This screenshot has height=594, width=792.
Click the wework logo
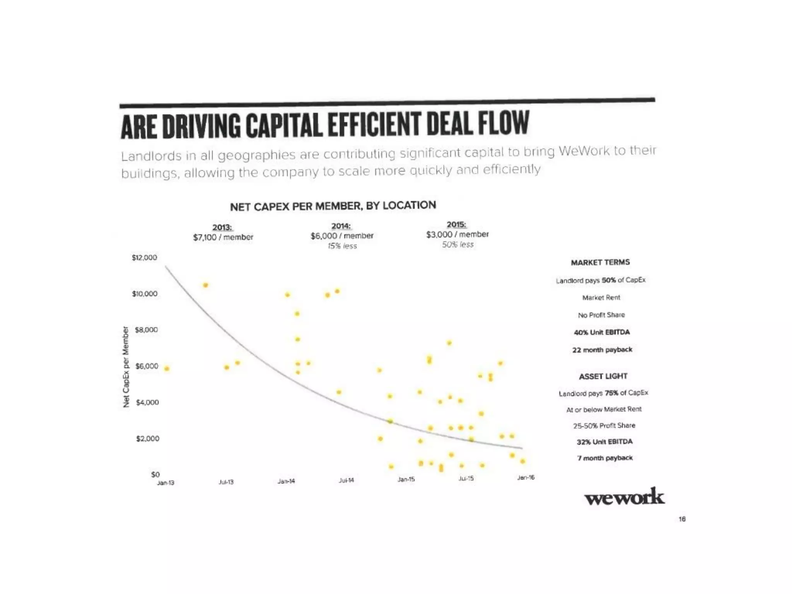(624, 497)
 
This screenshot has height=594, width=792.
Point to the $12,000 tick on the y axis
(145, 258)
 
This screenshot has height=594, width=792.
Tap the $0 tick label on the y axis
(155, 474)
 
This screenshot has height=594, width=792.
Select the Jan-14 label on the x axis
(286, 481)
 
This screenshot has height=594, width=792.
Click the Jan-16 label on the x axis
(526, 478)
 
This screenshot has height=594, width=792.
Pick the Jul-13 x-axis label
(226, 482)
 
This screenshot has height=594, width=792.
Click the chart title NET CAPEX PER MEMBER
(333, 206)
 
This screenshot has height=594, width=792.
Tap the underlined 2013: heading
(222, 227)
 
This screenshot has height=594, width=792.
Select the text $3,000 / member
(457, 234)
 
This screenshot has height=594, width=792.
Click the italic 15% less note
(342, 246)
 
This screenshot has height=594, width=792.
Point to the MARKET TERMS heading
(600, 263)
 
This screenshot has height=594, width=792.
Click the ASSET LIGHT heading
(603, 376)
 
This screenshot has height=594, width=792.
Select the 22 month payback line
(602, 350)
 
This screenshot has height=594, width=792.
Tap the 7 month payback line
(605, 458)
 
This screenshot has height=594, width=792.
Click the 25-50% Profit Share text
(604, 425)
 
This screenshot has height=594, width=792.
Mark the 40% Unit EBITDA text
(602, 332)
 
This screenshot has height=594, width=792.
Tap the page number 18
(682, 519)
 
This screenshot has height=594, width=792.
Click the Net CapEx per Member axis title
(126, 367)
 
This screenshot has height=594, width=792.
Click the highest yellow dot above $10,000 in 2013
(206, 285)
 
